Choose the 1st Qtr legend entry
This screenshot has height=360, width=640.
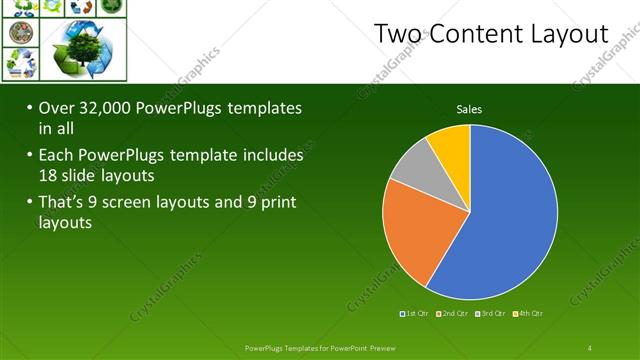415,313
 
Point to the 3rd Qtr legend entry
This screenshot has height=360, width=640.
490,313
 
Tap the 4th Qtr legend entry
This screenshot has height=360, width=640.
529,313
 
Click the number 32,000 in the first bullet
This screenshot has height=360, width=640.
113,108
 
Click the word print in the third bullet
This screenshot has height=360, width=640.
280,203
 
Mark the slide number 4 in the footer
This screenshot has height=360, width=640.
591,347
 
